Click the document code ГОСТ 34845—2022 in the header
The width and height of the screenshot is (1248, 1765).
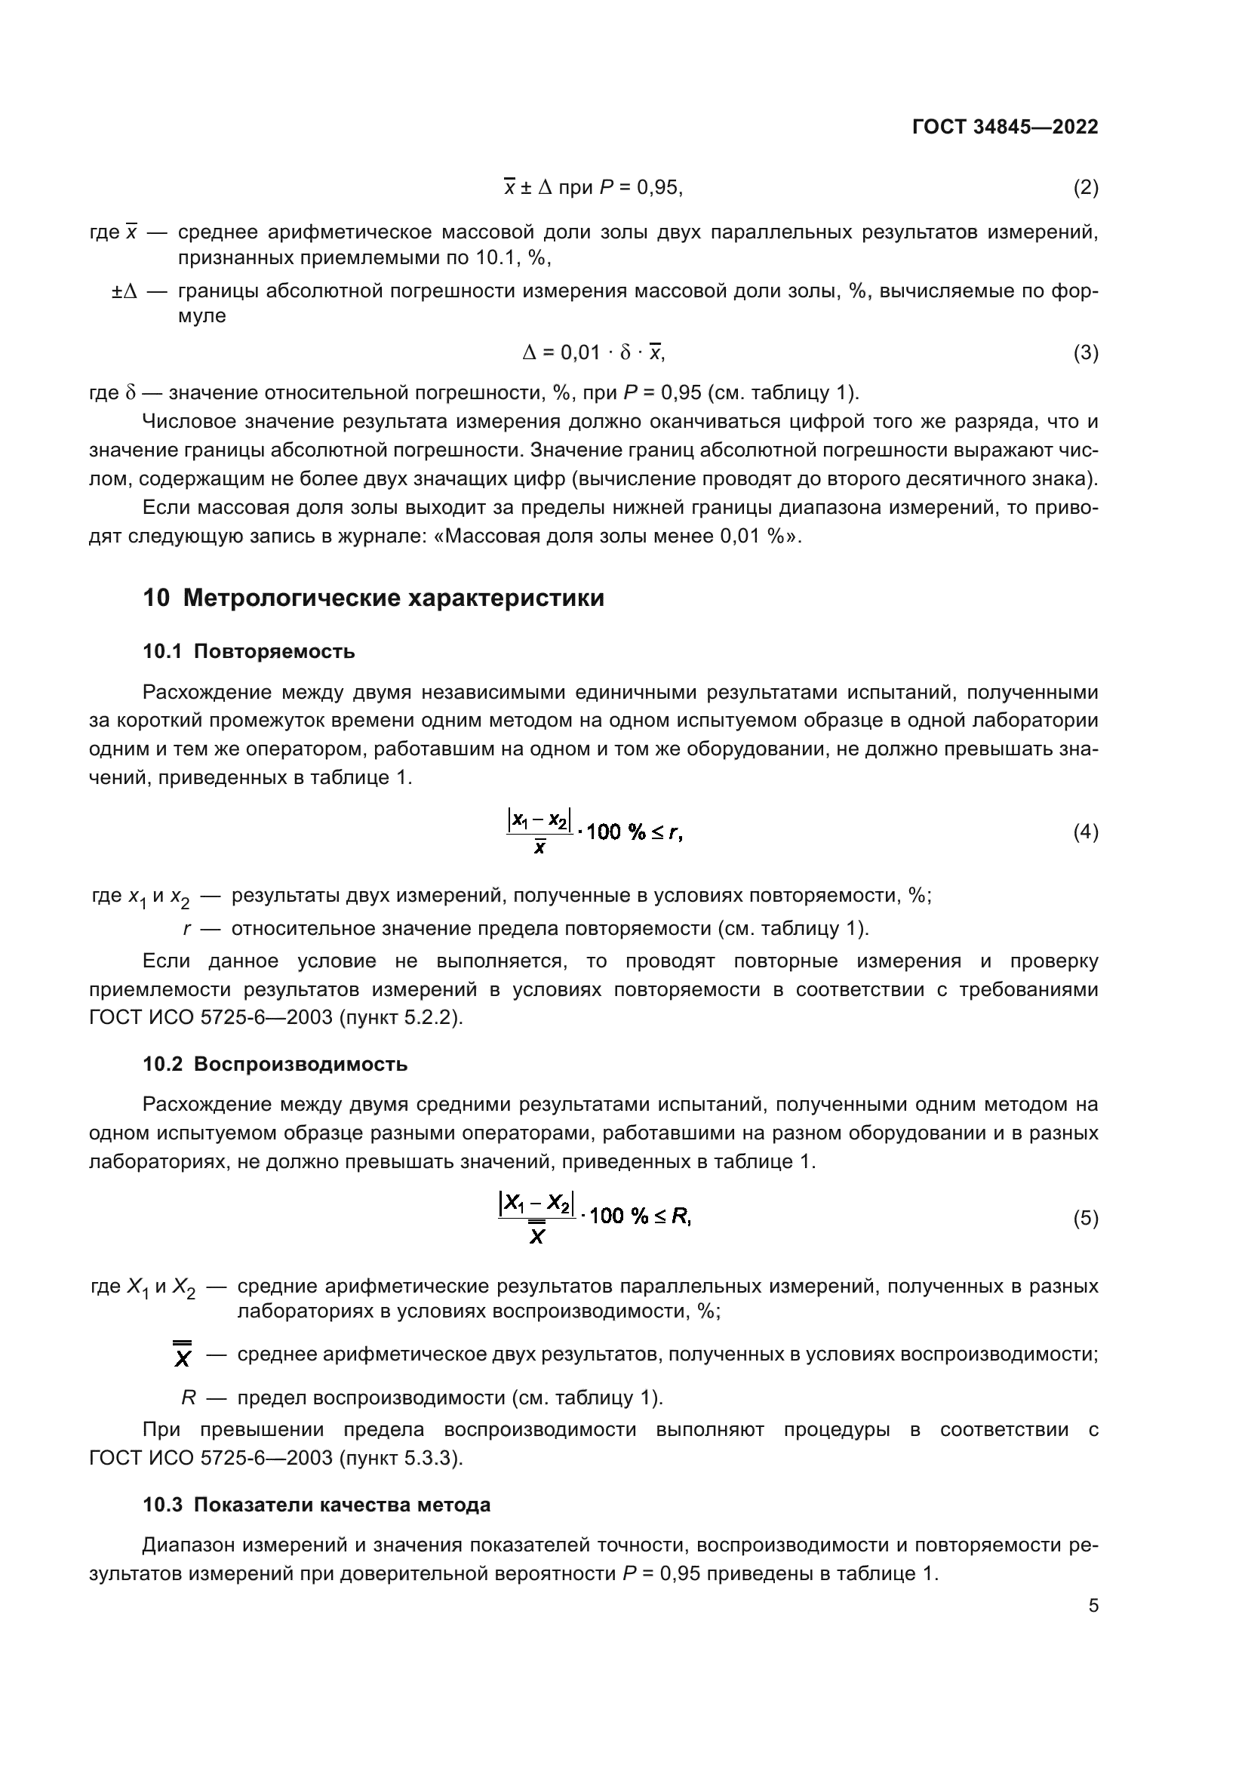pos(1004,127)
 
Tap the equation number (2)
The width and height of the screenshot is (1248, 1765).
pos(1085,188)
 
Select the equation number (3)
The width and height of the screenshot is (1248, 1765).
pos(1085,353)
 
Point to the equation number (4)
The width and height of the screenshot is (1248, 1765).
pos(1085,832)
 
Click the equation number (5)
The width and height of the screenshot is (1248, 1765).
pos(1085,1218)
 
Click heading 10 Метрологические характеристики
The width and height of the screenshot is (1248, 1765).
pos(373,598)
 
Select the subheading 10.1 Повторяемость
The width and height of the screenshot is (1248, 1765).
pos(249,652)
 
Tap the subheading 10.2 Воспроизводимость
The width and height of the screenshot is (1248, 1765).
pos(275,1065)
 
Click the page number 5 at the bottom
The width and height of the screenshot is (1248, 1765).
pos(1093,1606)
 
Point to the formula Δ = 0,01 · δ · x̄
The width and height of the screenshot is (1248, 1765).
pos(593,353)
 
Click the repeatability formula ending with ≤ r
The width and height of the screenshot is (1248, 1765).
pos(594,832)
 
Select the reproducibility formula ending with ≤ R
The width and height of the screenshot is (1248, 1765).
pos(594,1218)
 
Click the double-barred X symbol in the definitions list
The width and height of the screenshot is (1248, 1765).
pos(182,1354)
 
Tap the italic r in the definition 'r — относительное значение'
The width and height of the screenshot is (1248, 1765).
pos(186,929)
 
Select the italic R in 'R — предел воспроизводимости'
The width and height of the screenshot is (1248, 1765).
pos(189,1398)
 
